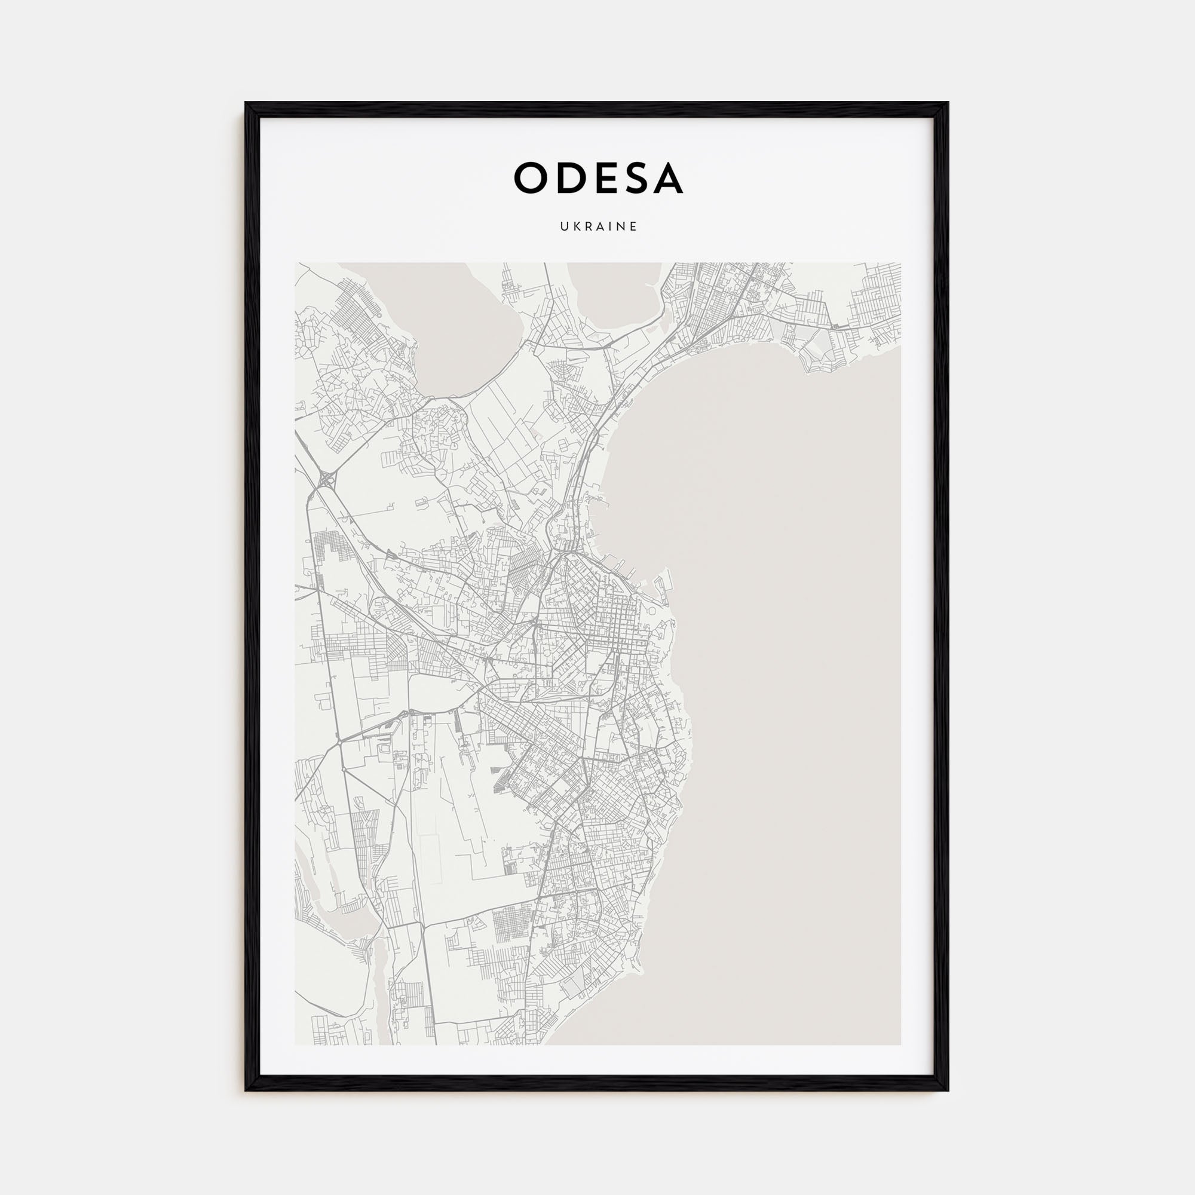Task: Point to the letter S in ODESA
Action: coord(632,178)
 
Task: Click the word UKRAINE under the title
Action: coord(598,226)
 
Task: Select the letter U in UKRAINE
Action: coord(564,226)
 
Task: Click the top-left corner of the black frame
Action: coord(246,103)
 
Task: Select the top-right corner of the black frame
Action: coord(948,103)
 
